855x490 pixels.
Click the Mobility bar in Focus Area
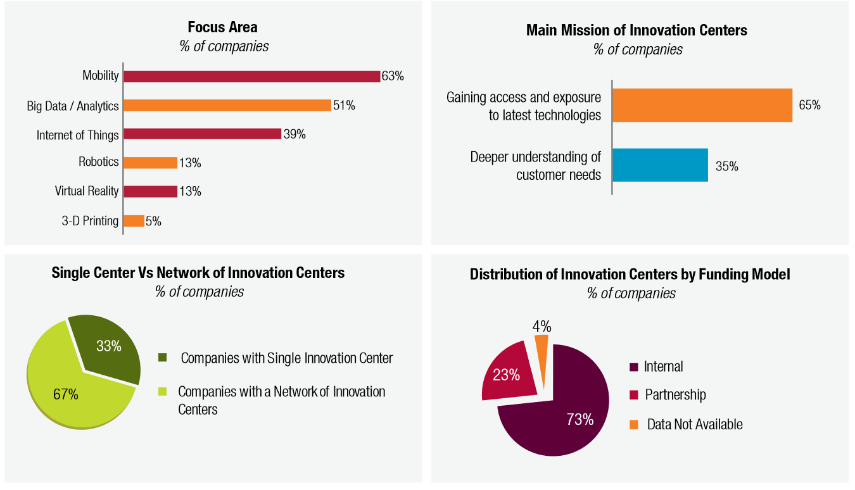(251, 76)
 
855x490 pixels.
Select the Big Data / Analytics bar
(227, 105)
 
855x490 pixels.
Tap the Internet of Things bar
(201, 134)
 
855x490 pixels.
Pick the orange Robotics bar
(150, 163)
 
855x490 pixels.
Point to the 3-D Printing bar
(134, 221)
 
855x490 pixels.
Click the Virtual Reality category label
(87, 191)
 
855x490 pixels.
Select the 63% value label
(393, 76)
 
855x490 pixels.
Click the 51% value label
(344, 105)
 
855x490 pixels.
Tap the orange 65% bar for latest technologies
(702, 105)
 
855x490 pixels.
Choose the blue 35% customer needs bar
(660, 165)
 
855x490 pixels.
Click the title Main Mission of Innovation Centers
(636, 30)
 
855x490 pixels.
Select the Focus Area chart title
(222, 27)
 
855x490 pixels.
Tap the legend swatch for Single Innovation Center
(163, 358)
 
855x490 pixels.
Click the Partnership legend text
(675, 395)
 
